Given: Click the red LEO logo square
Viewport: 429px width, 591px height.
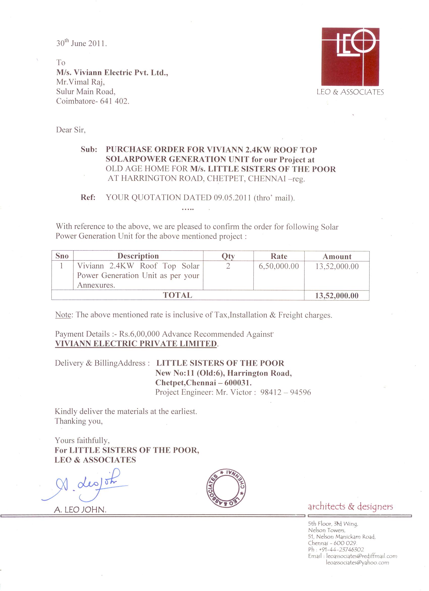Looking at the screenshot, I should pyautogui.click(x=350, y=56).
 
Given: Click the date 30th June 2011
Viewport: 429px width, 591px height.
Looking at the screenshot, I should pyautogui.click(x=81, y=43).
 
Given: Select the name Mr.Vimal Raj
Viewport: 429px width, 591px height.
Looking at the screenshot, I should pyautogui.click(x=81, y=82).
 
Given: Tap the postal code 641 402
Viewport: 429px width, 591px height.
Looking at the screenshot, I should pyautogui.click(x=115, y=101).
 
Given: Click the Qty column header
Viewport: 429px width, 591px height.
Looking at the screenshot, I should pyautogui.click(x=228, y=256).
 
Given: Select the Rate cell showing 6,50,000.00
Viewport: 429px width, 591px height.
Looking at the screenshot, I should pyautogui.click(x=279, y=266).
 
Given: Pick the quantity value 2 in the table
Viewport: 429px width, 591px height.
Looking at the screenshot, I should pyautogui.click(x=228, y=266).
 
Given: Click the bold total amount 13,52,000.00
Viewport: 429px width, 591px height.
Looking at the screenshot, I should pyautogui.click(x=337, y=295).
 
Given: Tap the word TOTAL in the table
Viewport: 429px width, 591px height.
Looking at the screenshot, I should pyautogui.click(x=177, y=295).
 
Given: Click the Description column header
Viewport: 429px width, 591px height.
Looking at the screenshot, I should pyautogui.click(x=138, y=256).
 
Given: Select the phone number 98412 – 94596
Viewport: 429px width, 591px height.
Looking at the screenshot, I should pyautogui.click(x=286, y=392).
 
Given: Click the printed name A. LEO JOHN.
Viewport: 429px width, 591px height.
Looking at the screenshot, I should pyautogui.click(x=80, y=510).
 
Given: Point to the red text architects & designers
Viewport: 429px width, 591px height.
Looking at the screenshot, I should pyautogui.click(x=350, y=507).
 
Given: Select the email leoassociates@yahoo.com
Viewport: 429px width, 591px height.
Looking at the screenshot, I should pyautogui.click(x=357, y=563).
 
